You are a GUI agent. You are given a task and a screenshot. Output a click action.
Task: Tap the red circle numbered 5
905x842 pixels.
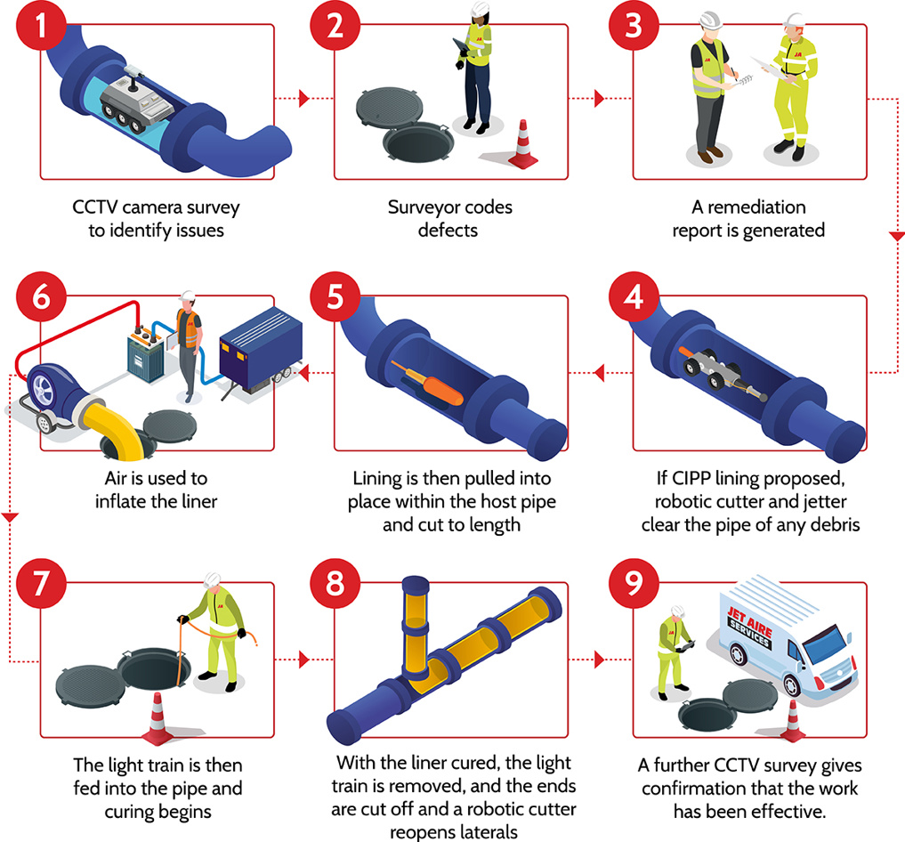coord(333,297)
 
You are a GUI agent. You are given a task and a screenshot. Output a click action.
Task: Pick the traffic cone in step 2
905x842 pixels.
coord(523,144)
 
